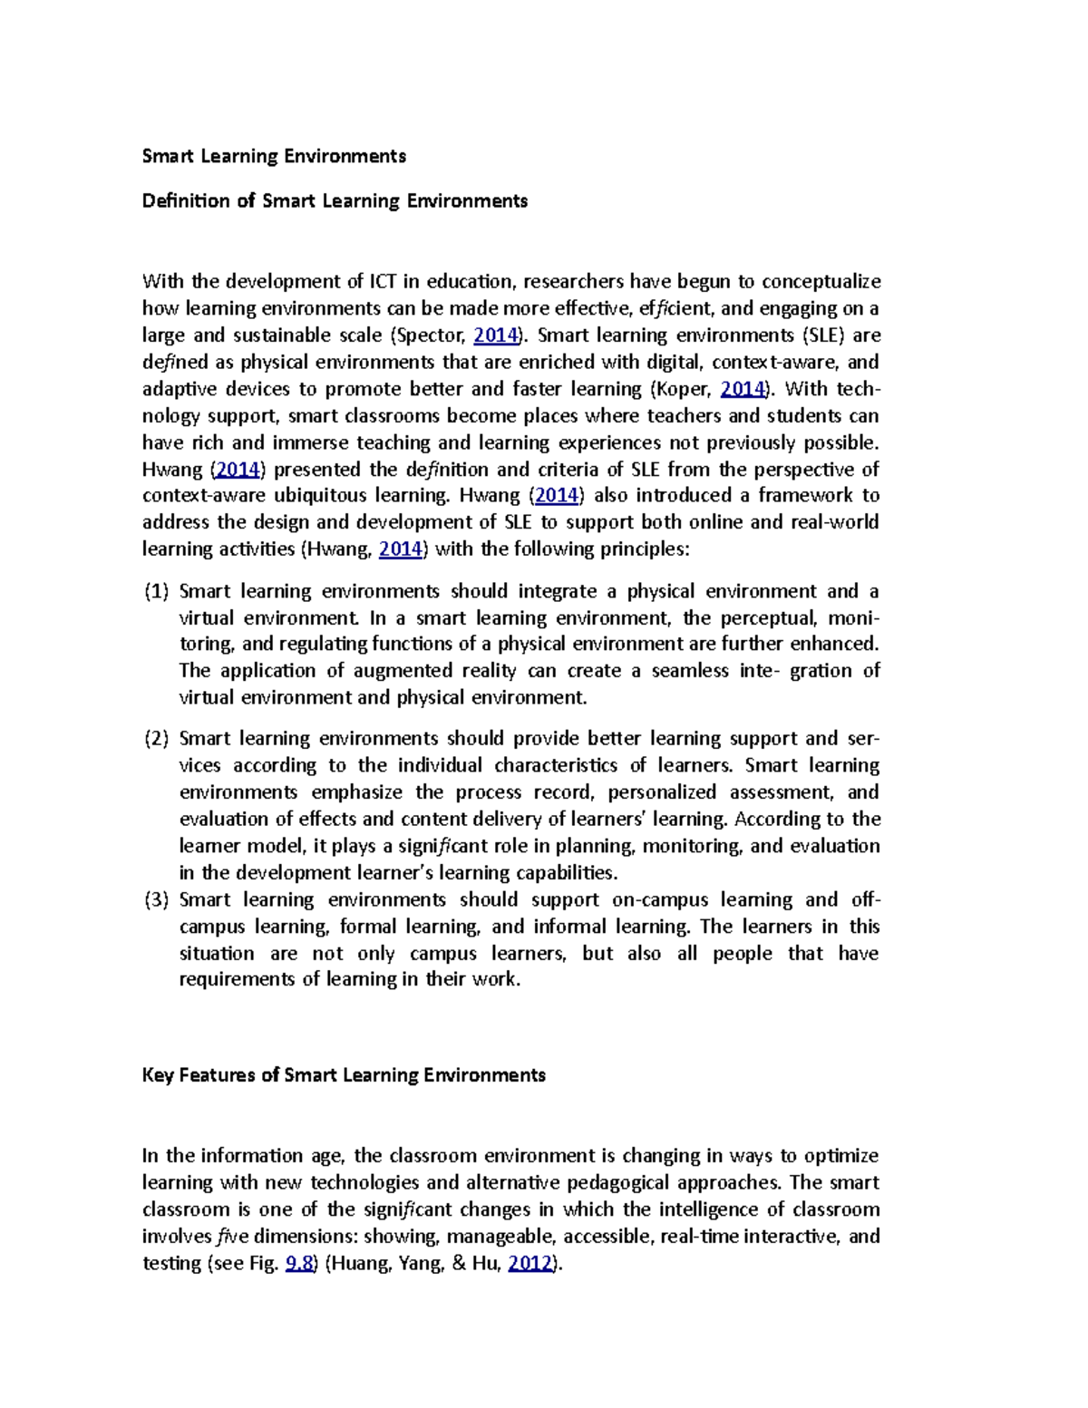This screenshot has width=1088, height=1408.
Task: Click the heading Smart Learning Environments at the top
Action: tap(274, 156)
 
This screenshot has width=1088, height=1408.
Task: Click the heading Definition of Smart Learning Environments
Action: tap(335, 200)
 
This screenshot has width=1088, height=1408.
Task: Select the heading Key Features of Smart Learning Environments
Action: tap(344, 1075)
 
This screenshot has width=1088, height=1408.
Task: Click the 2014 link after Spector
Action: tap(496, 335)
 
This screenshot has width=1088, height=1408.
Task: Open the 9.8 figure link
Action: tap(299, 1264)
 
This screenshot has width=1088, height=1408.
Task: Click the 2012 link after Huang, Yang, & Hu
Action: tap(530, 1264)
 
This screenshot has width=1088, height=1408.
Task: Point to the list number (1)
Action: tap(157, 592)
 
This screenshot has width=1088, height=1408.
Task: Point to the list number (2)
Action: tap(157, 739)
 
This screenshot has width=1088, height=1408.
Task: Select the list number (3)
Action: tap(157, 900)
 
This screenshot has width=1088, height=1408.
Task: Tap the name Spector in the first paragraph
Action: tap(430, 335)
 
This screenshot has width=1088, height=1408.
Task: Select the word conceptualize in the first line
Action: tap(821, 282)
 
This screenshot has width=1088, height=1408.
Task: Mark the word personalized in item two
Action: tap(662, 792)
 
